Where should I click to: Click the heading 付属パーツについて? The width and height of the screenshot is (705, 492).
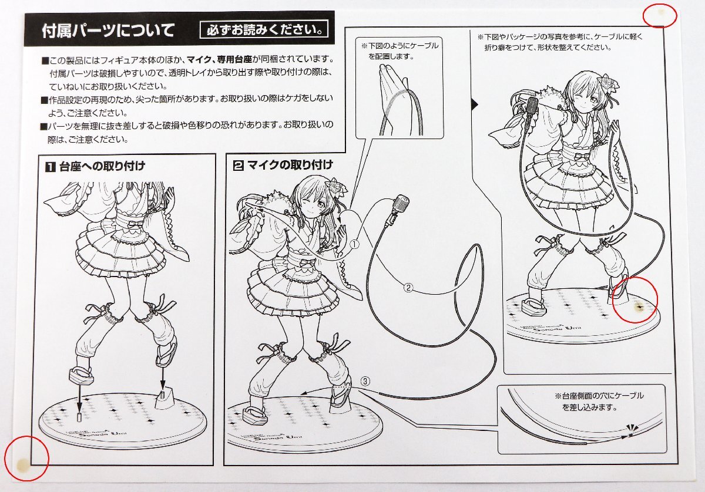[x=108, y=31]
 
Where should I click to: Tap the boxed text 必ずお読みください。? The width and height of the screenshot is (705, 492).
[x=264, y=30]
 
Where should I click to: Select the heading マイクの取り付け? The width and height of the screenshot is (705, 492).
[x=290, y=164]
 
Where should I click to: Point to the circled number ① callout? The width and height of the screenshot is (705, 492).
[x=355, y=244]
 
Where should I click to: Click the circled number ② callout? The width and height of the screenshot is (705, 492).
[x=408, y=288]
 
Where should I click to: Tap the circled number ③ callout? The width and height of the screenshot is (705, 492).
[x=365, y=382]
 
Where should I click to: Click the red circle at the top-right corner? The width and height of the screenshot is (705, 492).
[x=660, y=15]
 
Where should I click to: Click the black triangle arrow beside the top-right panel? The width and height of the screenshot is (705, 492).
[x=475, y=105]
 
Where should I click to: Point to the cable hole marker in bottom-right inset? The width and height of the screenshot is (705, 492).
[x=630, y=435]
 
